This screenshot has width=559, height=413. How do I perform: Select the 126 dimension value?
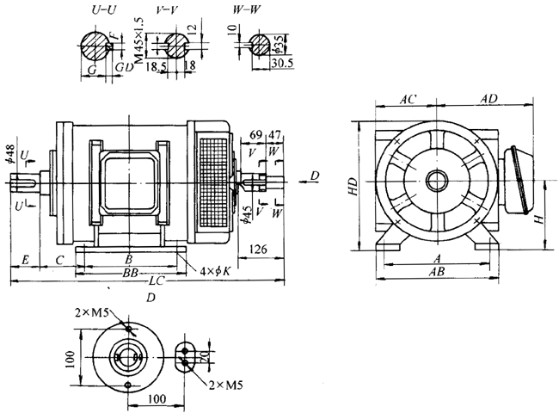[256, 250]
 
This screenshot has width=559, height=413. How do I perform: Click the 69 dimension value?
[255, 135]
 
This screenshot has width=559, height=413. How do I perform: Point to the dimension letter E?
[27, 258]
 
